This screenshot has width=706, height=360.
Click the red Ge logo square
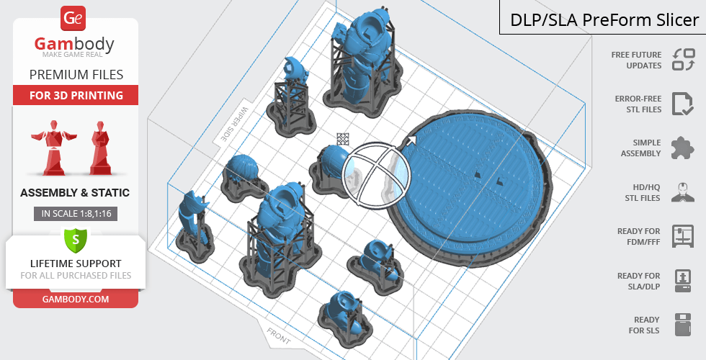[x=73, y=19]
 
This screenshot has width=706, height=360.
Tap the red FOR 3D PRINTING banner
[x=76, y=95]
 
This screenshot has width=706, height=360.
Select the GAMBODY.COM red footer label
[x=76, y=300]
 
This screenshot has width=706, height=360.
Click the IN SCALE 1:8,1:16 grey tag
[x=76, y=214]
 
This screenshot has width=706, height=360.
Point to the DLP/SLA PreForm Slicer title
[x=604, y=20]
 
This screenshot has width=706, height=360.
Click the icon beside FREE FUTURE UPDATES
[x=684, y=60]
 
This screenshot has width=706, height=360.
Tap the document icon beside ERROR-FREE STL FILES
[x=683, y=104]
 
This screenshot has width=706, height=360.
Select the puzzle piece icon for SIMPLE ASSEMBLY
[x=683, y=148]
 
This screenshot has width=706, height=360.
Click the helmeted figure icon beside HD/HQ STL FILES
[x=683, y=192]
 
